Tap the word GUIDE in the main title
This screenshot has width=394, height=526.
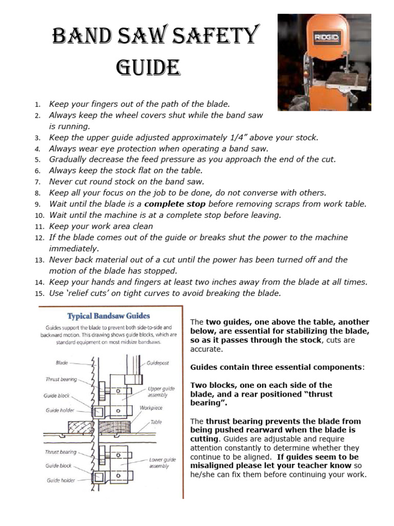(148, 67)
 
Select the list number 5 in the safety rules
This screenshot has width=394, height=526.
(37, 160)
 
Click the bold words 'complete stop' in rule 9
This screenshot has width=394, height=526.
(175, 204)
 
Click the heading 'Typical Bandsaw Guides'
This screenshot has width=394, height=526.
(109, 316)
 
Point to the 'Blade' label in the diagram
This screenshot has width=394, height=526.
(62, 363)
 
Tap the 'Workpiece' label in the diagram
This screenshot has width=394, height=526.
(151, 408)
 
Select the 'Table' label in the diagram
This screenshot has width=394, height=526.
(156, 422)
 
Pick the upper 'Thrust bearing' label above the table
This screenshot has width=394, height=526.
(61, 380)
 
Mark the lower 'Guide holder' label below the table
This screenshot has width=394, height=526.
(61, 480)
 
